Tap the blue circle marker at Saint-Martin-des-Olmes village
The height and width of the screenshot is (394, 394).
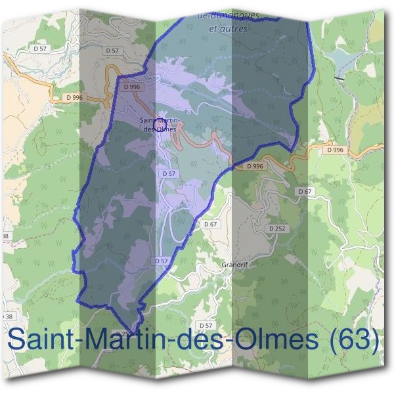click(158, 121)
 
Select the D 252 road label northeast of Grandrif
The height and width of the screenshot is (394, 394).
click(277, 228)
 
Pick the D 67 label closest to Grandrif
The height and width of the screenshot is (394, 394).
click(210, 224)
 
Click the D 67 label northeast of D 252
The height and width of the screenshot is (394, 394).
click(304, 191)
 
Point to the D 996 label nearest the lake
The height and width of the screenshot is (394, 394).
click(335, 150)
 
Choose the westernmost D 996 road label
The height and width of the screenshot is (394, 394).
click(75, 98)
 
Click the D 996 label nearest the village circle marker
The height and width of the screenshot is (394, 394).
click(131, 86)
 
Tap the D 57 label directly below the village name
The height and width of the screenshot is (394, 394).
click(167, 173)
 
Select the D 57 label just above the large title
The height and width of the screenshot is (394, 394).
click(206, 325)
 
